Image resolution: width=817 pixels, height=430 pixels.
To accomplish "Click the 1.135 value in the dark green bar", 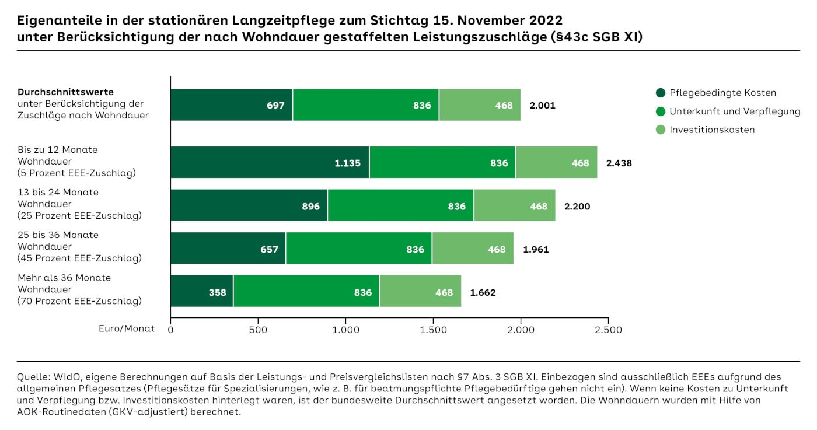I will [348, 163].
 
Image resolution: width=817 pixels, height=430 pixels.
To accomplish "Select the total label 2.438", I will [619, 163].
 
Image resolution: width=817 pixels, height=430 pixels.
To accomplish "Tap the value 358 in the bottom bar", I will [217, 292].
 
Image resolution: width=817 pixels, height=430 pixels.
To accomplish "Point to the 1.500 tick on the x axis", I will [433, 330].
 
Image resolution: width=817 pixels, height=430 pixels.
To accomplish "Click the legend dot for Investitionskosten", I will [660, 130].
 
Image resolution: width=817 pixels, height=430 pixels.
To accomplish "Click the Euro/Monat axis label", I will [127, 328].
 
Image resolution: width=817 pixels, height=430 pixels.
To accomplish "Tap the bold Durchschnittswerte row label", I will [65, 92].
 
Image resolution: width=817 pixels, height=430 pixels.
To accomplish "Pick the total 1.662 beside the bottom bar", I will [483, 292].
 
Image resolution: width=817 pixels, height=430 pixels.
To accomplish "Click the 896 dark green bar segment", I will [249, 206].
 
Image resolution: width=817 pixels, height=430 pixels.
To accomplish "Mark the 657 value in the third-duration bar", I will [270, 250].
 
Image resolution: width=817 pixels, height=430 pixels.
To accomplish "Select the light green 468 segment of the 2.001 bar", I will [480, 106].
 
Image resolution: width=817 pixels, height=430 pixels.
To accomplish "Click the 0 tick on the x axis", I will [170, 330].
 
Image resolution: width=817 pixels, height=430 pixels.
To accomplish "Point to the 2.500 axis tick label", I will [608, 330].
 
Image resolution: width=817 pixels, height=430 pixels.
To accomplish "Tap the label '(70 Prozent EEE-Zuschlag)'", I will [79, 301].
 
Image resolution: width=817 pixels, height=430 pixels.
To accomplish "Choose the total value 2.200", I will [577, 207].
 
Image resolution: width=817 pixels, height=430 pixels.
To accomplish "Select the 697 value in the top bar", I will [275, 106].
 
